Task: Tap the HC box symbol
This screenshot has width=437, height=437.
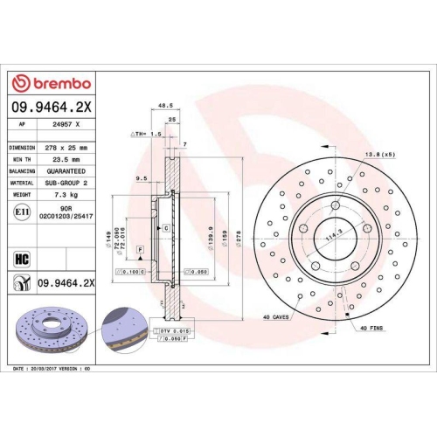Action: tap(21, 258)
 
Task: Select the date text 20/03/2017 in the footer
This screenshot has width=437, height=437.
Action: tap(49, 370)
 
